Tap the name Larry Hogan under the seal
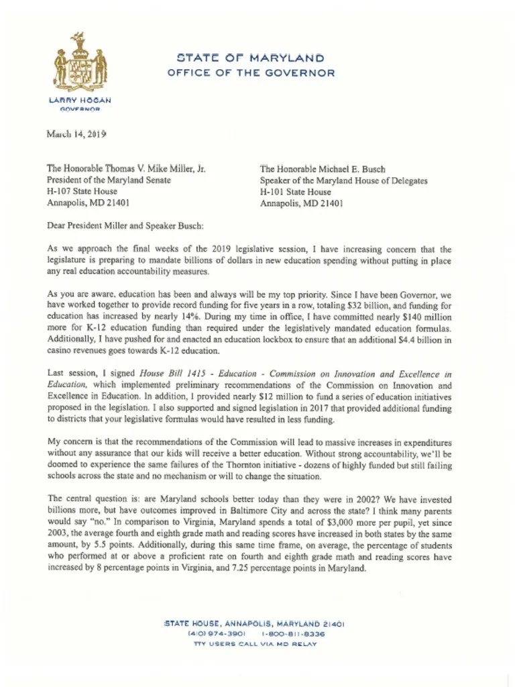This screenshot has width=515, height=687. pyautogui.click(x=80, y=100)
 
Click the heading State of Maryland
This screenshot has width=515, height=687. pyautogui.click(x=250, y=58)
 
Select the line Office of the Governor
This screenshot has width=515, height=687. pyautogui.click(x=251, y=73)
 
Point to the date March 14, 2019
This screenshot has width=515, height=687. pyautogui.click(x=76, y=134)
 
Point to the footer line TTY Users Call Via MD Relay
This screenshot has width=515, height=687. pyautogui.click(x=255, y=645)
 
